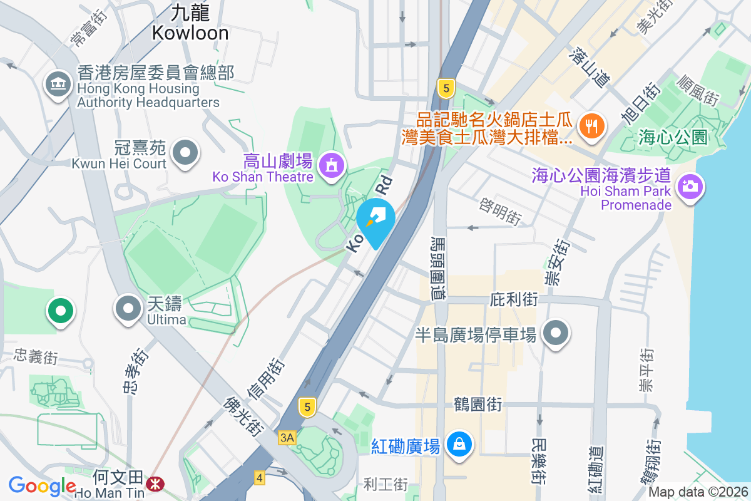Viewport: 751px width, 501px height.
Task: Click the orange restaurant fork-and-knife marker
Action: point(590,125)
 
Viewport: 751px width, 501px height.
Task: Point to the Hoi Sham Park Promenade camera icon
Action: point(690,186)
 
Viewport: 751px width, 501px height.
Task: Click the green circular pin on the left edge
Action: point(61,310)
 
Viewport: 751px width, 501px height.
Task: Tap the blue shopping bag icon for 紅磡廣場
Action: point(460,445)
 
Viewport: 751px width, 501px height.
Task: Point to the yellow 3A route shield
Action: point(287,437)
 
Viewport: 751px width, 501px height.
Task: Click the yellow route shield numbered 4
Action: point(260,477)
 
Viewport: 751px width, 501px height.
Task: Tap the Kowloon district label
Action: point(190,23)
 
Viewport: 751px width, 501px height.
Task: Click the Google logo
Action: point(42,486)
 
